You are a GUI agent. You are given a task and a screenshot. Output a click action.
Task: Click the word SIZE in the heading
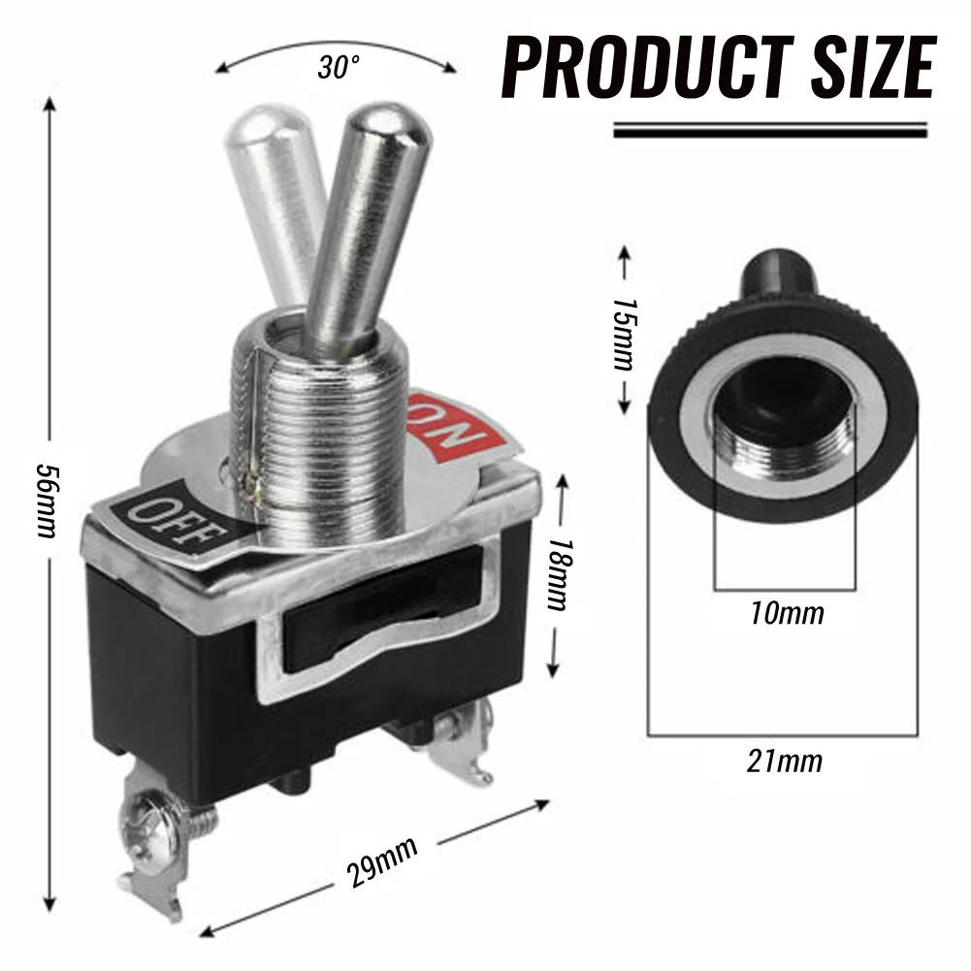[x=874, y=67]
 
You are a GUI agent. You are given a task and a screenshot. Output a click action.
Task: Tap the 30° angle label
[x=339, y=67]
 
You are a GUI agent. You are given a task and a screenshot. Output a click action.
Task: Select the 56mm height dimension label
[x=48, y=501]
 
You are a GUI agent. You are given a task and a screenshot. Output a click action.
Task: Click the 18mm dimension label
[x=560, y=573]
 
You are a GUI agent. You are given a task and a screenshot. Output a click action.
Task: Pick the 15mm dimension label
[x=625, y=334]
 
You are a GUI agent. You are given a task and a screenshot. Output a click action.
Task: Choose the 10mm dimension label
[x=787, y=613]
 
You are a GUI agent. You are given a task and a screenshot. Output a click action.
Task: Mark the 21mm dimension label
[x=785, y=761]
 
